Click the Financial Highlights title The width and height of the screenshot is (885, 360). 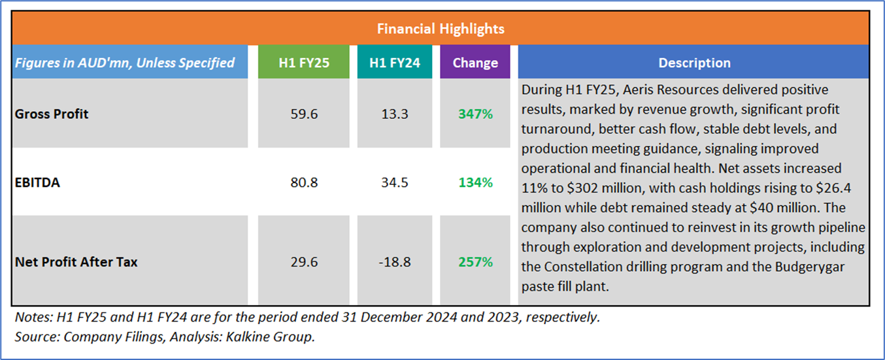[x=441, y=29]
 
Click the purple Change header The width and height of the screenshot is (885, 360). [x=475, y=63]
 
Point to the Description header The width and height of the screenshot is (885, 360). [x=694, y=63]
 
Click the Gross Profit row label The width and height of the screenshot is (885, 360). [x=52, y=114]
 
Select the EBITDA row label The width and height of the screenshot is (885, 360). [x=37, y=183]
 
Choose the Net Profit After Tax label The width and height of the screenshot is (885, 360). [x=76, y=262]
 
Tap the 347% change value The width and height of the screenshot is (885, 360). [x=475, y=114]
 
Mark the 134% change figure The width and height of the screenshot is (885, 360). [x=475, y=183]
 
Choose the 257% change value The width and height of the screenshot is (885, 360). [x=475, y=262]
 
